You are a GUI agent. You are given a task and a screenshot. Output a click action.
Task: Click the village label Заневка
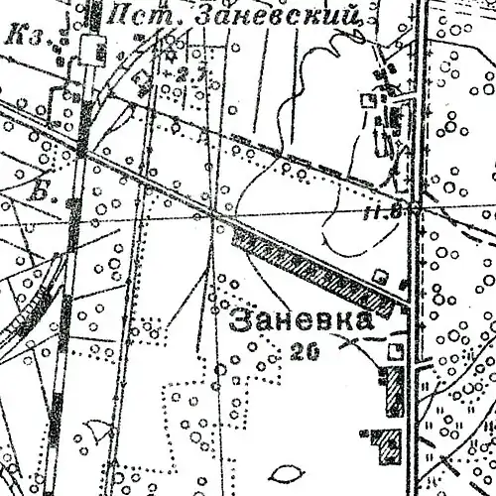click(302, 321)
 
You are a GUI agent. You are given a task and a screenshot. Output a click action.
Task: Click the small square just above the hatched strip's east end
click(380, 274)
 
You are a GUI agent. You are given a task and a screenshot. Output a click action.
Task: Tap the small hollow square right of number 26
click(395, 351)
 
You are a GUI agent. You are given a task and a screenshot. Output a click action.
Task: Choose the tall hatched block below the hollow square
click(394, 392)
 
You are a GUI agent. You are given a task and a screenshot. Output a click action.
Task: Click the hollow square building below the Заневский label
click(369, 100)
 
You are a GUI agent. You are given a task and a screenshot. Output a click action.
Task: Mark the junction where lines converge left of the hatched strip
click(217, 215)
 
